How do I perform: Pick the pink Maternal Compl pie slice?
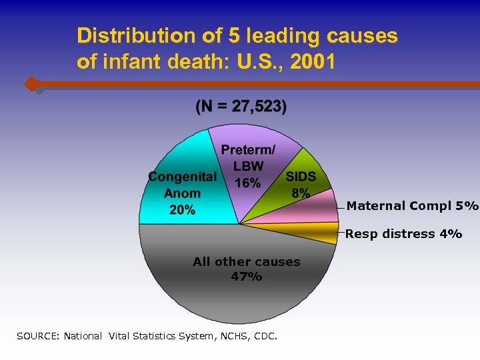(x=313, y=208)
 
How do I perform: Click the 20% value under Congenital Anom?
(x=182, y=210)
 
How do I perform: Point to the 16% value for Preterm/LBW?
(x=247, y=182)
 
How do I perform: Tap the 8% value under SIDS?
(x=301, y=193)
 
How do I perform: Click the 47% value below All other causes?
(x=246, y=277)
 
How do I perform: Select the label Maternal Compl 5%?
(x=412, y=205)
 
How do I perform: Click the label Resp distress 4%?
(x=403, y=234)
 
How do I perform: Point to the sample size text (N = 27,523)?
(x=241, y=107)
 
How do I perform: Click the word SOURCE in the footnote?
(x=37, y=336)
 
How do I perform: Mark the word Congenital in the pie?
(x=182, y=177)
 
